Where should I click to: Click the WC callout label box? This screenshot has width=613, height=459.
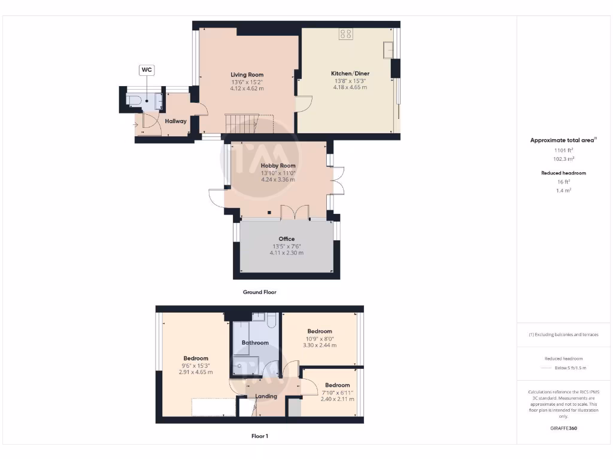pos(147,70)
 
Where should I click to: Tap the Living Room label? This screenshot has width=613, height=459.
pos(247,75)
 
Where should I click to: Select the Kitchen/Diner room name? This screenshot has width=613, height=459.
pos(350,74)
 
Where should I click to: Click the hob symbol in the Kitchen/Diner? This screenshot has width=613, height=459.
pos(346,34)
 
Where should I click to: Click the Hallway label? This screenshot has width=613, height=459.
pos(176,121)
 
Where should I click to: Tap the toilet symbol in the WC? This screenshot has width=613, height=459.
pos(135,100)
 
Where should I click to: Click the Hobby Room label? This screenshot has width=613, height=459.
pos(278,166)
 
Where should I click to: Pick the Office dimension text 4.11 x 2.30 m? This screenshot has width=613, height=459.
pos(286,253)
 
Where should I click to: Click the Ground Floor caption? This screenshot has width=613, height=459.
pos(259,292)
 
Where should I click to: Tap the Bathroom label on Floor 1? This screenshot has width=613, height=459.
pos(255,343)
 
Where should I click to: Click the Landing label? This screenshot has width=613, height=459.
pos(266,396)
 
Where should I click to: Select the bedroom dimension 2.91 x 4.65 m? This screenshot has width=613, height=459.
pos(196,372)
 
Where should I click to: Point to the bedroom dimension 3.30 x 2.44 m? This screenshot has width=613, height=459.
pos(320,345)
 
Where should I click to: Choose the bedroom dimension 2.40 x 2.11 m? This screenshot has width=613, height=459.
pos(337,399)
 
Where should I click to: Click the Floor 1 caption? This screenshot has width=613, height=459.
pos(259,436)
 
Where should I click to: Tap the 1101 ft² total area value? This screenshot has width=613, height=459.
pos(563,151)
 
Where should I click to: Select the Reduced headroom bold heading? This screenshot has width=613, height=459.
pos(563,173)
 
